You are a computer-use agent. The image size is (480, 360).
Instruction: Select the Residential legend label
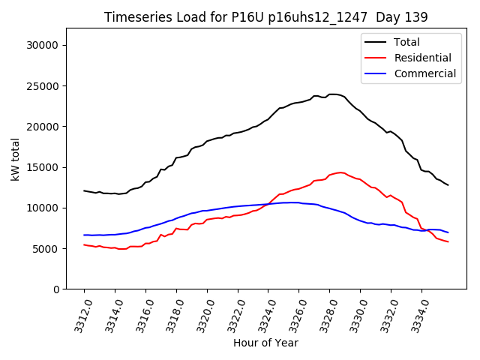coord(422,58)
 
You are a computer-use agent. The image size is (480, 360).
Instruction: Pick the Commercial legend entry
coord(424,73)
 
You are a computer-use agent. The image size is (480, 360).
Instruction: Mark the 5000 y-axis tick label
coord(47,248)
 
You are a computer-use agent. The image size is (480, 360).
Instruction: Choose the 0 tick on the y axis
coord(57,289)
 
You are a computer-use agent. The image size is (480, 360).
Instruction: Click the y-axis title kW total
coord(16,158)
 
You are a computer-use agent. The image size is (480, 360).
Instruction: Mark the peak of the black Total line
coord(333,94)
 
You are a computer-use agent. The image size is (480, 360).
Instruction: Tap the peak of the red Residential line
coord(340,172)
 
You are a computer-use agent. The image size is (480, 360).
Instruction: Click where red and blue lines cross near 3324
coord(266,204)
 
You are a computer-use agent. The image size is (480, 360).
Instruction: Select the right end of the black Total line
coord(448,185)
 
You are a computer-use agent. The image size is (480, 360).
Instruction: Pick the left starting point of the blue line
coord(84,235)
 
